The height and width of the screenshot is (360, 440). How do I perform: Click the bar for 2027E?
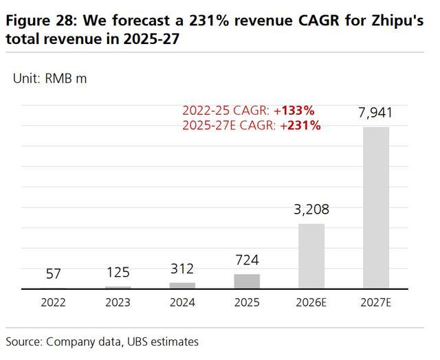(x=376, y=207)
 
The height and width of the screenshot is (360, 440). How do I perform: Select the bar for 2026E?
(x=311, y=256)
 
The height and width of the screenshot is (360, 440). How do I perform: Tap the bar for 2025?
(x=247, y=281)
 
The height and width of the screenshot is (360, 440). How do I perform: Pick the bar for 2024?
(x=182, y=285)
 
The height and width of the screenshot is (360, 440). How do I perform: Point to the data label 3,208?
(x=311, y=210)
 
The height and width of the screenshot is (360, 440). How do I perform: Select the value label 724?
(x=247, y=261)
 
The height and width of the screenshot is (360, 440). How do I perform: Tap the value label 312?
(x=182, y=269)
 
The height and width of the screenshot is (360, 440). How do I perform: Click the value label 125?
(x=118, y=273)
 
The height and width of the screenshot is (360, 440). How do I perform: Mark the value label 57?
(x=54, y=274)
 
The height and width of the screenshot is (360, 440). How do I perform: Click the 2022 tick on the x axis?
(x=54, y=302)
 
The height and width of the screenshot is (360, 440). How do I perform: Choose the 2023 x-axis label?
(x=118, y=302)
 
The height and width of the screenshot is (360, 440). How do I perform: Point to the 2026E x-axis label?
(x=311, y=302)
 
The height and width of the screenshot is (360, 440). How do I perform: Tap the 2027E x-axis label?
(x=376, y=302)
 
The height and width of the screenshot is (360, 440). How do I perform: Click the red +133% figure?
(x=296, y=111)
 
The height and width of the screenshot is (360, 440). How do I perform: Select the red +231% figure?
(x=302, y=125)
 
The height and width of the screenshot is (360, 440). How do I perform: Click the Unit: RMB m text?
(x=50, y=78)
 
